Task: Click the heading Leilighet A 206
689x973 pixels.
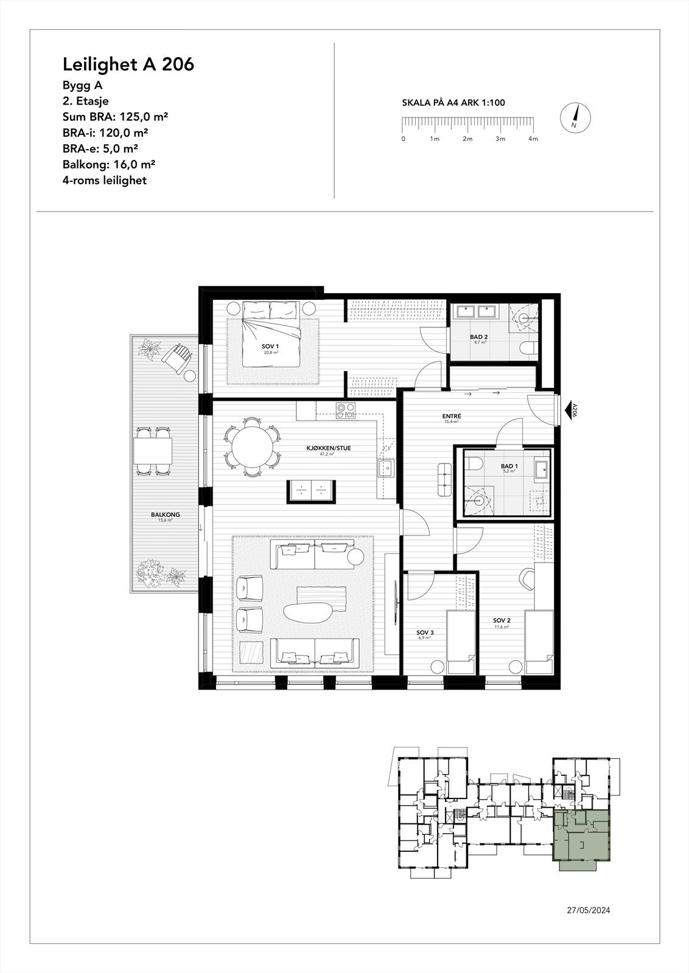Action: point(128,64)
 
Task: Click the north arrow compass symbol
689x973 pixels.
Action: point(574,118)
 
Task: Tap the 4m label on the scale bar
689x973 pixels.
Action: point(533,139)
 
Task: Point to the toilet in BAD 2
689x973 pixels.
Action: point(529,348)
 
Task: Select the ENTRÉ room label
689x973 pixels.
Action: point(452,417)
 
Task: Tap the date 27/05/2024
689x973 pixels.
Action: point(588,910)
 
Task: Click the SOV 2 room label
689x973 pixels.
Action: point(502,621)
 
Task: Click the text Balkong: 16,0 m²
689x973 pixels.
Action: point(109,164)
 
